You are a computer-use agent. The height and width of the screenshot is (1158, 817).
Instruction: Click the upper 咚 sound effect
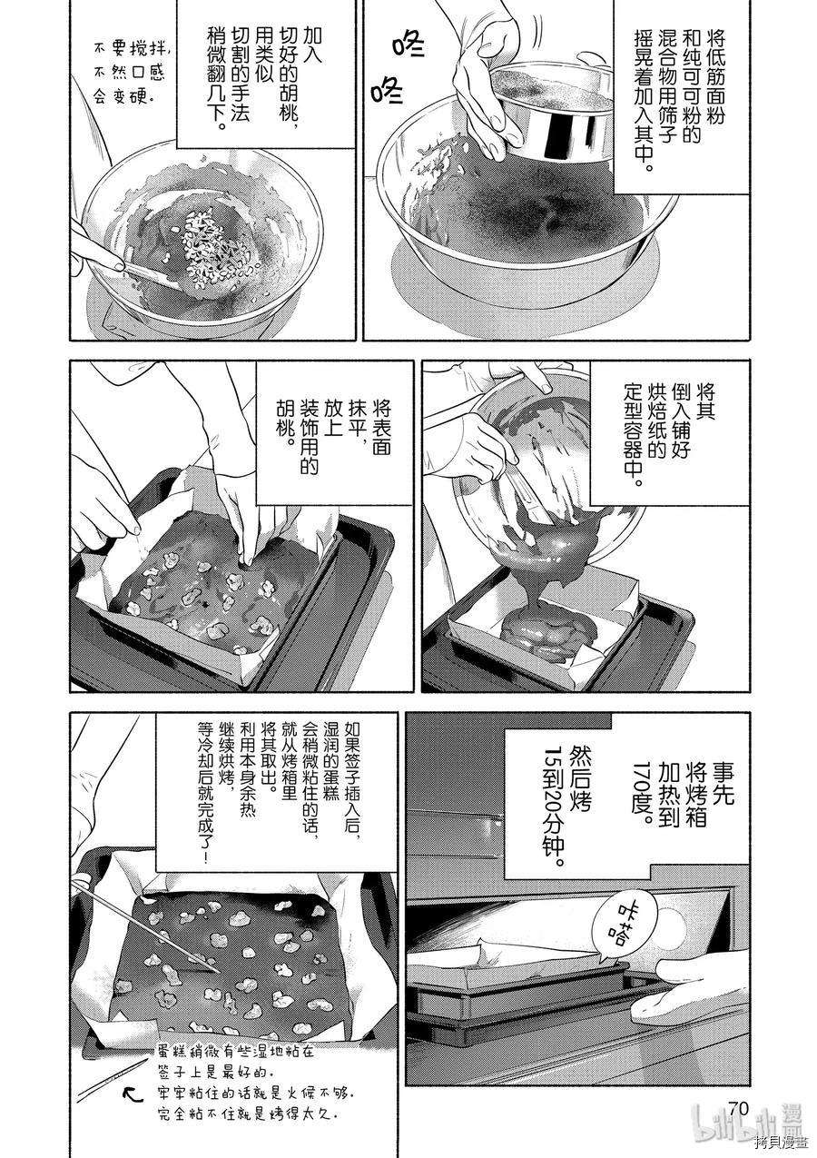coord(408,45)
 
